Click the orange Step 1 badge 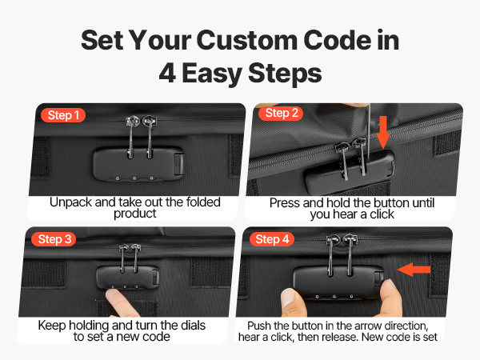point(63,115)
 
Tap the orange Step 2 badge point(281,113)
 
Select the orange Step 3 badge point(54,239)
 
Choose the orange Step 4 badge point(272,239)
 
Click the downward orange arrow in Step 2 point(383,132)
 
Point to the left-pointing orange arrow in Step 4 point(414,270)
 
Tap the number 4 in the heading point(167,73)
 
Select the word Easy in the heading point(212,74)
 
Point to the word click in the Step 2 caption point(382,214)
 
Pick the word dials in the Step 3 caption point(193,326)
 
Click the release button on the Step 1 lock point(178,164)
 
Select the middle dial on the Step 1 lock point(134,178)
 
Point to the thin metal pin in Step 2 point(369,131)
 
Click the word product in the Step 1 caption point(135,214)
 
